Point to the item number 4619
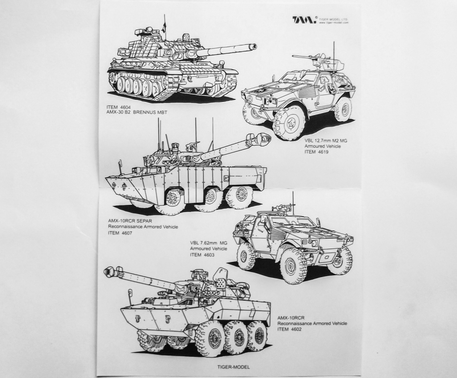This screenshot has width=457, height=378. point(322,152)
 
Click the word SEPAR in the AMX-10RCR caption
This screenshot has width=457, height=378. point(145,220)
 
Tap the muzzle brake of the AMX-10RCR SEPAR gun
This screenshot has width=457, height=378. point(263,140)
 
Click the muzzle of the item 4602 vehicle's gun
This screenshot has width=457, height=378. point(109,271)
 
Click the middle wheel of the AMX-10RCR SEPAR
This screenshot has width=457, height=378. point(212,197)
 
